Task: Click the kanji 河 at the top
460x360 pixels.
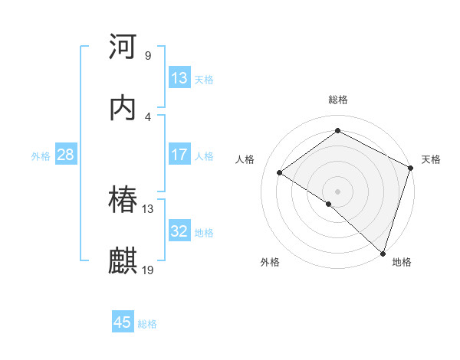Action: pyautogui.click(x=123, y=47)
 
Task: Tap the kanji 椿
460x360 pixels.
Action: pyautogui.click(x=123, y=200)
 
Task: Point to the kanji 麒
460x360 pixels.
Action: pyautogui.click(x=123, y=260)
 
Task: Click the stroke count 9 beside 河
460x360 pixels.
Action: pyautogui.click(x=147, y=56)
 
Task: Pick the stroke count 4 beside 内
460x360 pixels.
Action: pyautogui.click(x=147, y=116)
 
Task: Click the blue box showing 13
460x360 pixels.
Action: pyautogui.click(x=179, y=78)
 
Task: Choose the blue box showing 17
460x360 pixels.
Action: pyautogui.click(x=179, y=155)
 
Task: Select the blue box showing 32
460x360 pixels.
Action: pyautogui.click(x=179, y=231)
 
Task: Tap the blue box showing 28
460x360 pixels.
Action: pyautogui.click(x=65, y=155)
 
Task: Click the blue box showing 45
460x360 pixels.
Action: pyautogui.click(x=123, y=322)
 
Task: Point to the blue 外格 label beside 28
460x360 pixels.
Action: pyautogui.click(x=41, y=155)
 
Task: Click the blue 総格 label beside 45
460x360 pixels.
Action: pyautogui.click(x=147, y=324)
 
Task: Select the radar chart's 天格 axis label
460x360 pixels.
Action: pyautogui.click(x=431, y=159)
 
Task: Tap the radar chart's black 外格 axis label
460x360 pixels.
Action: pyautogui.click(x=270, y=262)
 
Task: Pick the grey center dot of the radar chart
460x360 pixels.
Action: pyautogui.click(x=337, y=191)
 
